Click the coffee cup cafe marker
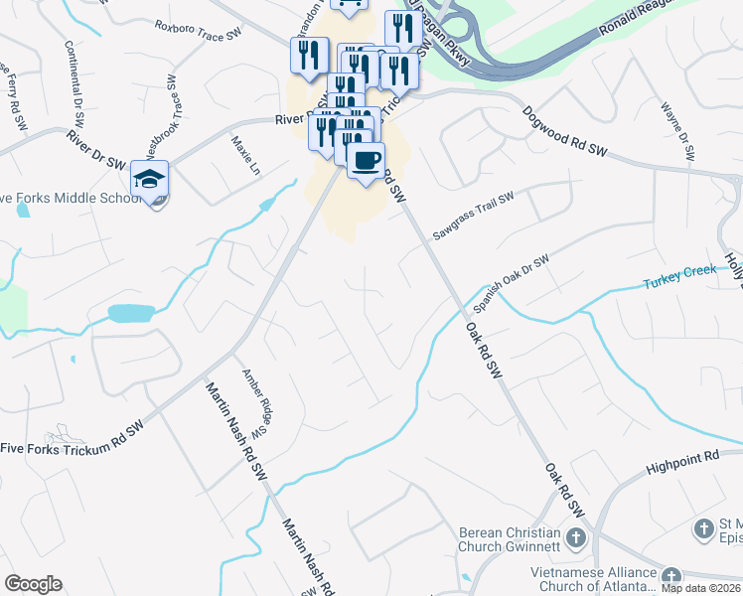366,160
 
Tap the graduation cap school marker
149,181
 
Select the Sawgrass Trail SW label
472,216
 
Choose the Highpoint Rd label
681,457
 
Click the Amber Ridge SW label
257,403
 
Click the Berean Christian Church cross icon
576,538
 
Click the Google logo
33,584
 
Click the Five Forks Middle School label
70,198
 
